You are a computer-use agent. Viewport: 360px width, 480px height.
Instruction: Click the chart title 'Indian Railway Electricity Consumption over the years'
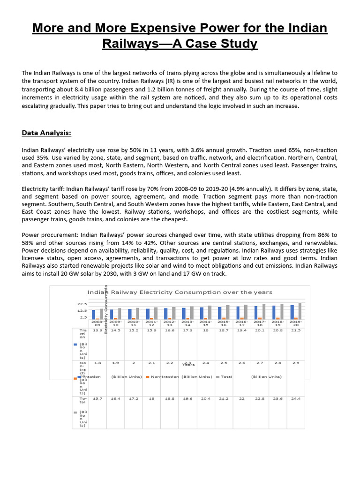[180, 292]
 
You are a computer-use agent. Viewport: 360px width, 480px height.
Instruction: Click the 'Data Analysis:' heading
[46, 133]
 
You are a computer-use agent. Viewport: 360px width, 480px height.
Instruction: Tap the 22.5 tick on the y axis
[82, 304]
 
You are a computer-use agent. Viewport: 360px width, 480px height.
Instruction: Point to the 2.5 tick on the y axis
[83, 317]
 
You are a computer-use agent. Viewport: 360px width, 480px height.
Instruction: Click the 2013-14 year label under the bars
[187, 324]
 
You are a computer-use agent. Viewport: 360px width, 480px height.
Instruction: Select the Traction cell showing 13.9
[97, 330]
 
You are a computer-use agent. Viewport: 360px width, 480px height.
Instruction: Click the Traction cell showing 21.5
[296, 330]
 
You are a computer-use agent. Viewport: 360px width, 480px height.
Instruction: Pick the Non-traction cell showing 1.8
[97, 363]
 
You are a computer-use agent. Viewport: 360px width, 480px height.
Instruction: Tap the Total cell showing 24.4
[296, 398]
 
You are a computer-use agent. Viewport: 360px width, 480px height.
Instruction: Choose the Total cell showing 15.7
[97, 398]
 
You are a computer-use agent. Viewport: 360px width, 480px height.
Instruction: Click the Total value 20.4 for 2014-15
[205, 398]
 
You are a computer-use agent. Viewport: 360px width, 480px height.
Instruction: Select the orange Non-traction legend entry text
[165, 376]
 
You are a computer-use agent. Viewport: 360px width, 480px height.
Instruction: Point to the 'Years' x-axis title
[188, 364]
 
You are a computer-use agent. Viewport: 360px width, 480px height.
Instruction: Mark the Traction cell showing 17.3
[187, 330]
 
